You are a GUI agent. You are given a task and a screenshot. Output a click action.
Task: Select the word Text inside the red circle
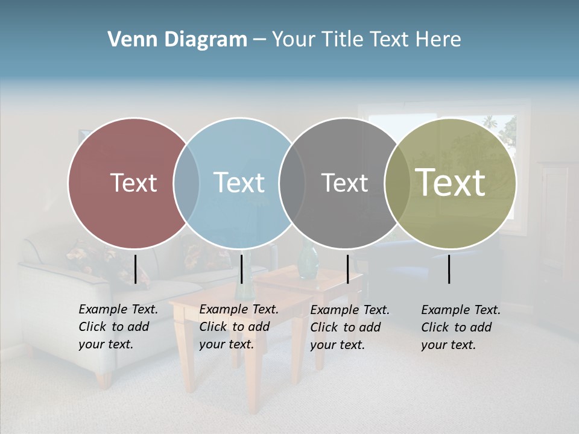[x=133, y=183]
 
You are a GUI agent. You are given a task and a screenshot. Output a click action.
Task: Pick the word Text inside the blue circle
[x=239, y=183]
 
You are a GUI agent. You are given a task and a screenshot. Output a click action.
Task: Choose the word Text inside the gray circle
[x=344, y=183]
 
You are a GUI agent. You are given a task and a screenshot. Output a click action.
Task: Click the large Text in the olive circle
[x=451, y=183]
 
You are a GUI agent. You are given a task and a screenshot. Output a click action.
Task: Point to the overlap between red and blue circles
[x=186, y=183]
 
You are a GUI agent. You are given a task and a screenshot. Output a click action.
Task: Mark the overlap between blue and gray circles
[x=292, y=183]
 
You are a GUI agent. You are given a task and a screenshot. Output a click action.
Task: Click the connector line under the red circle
[x=135, y=269]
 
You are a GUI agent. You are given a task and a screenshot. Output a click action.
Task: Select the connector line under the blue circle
[x=241, y=269]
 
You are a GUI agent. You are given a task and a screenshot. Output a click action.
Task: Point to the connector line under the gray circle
[x=347, y=269]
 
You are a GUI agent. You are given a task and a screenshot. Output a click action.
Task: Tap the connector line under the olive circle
[x=449, y=269]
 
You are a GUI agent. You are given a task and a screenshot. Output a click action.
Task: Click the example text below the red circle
[x=118, y=327]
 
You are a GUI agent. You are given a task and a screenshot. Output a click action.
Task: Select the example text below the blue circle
[x=239, y=327]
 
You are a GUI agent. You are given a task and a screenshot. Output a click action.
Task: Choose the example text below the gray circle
[x=350, y=327]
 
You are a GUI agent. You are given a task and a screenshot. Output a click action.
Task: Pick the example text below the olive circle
[x=461, y=327]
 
